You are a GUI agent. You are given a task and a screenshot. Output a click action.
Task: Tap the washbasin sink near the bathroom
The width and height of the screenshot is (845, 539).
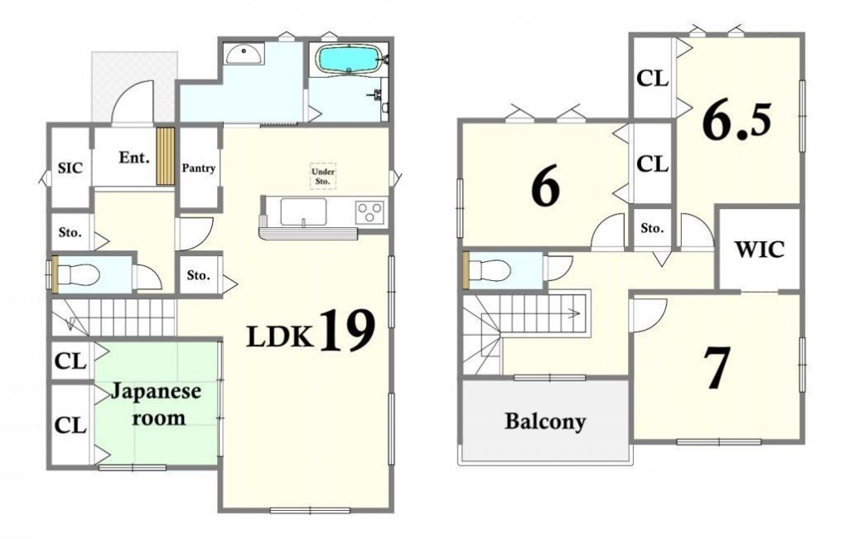(x=244, y=53)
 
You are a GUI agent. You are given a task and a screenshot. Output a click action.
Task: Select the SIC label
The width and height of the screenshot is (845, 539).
(x=70, y=168)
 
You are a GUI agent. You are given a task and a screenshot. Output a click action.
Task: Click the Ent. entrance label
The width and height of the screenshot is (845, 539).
(x=133, y=158)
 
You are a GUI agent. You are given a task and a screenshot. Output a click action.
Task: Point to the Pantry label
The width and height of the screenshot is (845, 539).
(x=198, y=168)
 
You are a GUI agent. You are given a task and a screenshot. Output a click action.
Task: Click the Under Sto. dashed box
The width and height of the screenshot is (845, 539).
(x=323, y=177)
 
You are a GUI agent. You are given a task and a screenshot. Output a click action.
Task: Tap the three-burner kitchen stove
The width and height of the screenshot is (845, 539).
(x=370, y=211)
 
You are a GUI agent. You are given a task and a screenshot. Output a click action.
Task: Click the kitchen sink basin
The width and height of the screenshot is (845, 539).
(x=303, y=211)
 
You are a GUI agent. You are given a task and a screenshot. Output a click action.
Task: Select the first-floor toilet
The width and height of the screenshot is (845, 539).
(x=79, y=274)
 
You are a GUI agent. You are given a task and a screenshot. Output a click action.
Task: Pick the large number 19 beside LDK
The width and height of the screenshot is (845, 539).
(x=348, y=330)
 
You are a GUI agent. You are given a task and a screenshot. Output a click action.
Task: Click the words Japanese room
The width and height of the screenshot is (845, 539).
(x=157, y=405)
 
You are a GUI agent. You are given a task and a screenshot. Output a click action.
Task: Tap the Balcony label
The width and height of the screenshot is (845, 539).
(x=545, y=421)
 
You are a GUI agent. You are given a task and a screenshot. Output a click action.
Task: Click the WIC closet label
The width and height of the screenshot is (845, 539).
(x=760, y=250)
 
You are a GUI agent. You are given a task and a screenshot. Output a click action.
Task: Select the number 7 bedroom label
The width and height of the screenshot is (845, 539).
(x=717, y=367)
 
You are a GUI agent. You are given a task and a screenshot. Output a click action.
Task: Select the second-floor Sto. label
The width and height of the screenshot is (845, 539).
(x=652, y=228)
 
